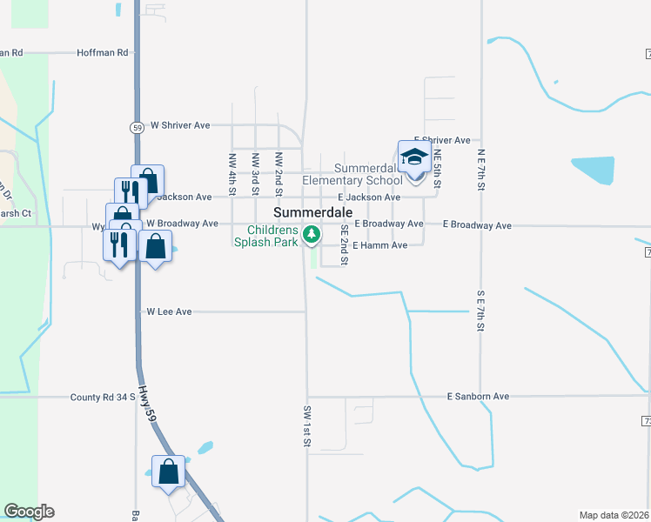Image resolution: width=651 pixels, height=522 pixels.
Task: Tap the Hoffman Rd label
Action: coord(103,52)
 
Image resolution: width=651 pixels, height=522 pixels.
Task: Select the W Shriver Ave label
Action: coord(180,125)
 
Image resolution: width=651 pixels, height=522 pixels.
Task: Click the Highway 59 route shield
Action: coord(138,127)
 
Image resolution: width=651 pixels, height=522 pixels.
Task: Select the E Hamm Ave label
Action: coord(380,245)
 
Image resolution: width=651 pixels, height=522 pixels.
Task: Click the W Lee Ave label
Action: coord(169,311)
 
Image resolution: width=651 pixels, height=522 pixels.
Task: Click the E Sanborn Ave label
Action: coord(477,397)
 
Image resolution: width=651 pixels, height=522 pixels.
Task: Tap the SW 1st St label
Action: coord(307,426)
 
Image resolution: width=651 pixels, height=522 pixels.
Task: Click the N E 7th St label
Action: coord(480,169)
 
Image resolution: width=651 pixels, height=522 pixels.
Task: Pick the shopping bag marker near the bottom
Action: coord(169,472)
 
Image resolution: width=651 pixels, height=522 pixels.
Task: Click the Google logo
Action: coord(29,512)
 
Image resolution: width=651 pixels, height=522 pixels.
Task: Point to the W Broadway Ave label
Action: coord(182,224)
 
